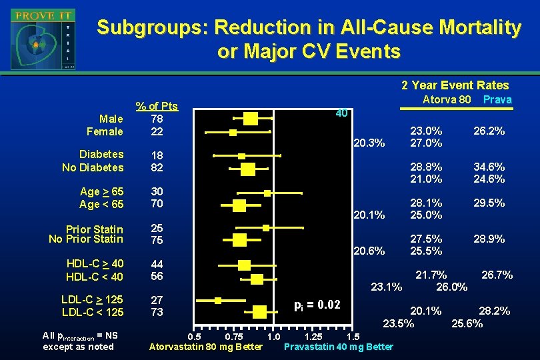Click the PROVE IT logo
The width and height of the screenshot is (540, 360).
pos(43,39)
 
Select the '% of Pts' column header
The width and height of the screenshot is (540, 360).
pos(157,106)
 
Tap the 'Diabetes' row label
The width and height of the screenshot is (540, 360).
pos(101,154)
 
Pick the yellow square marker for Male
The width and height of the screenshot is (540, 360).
pos(250,119)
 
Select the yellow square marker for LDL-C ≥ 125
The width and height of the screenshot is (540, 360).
pos(218,301)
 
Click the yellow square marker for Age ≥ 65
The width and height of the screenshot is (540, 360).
pos(267,193)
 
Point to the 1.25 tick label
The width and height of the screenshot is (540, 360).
pos(315,336)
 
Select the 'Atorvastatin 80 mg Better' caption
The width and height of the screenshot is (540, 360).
pos(205,347)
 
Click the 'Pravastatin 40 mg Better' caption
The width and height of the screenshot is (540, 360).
pos(338,347)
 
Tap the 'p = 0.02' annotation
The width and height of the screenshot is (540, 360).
pos(317,305)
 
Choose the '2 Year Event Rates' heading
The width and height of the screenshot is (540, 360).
pos(455,85)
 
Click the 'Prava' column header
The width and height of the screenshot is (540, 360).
pos(497,99)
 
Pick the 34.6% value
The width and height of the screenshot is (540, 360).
pos(489,167)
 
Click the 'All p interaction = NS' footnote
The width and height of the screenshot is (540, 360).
pos(80,335)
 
